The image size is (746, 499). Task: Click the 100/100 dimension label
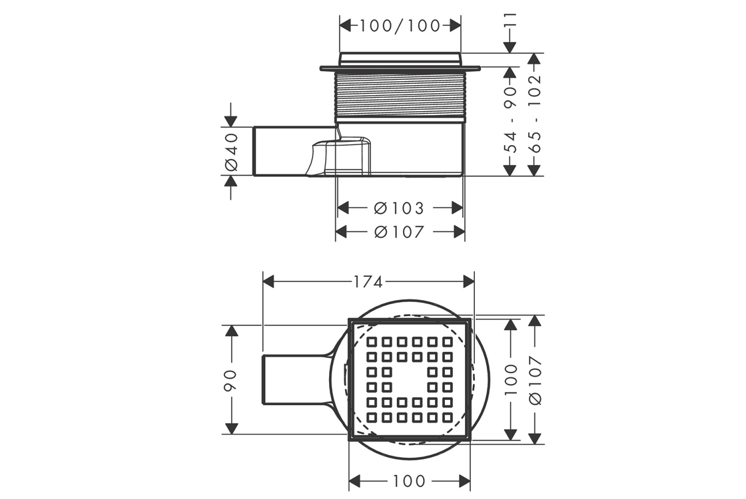click(400, 26)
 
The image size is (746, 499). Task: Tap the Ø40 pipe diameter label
click(231, 152)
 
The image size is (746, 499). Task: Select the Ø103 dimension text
click(399, 208)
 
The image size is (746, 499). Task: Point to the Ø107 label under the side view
click(399, 232)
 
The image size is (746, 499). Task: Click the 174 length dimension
click(368, 282)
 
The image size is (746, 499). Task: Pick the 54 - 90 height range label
click(510, 119)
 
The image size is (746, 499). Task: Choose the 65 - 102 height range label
click(535, 114)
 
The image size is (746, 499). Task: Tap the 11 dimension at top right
click(510, 20)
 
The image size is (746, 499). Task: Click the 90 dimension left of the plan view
click(231, 380)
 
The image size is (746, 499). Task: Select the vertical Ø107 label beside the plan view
click(535, 380)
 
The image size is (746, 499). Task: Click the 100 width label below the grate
click(409, 482)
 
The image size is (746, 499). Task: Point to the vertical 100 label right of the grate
click(510, 380)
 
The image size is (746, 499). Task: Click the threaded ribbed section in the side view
click(400, 94)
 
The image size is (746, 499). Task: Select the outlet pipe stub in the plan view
click(295, 379)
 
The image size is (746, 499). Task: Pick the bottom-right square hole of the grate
click(447, 417)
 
